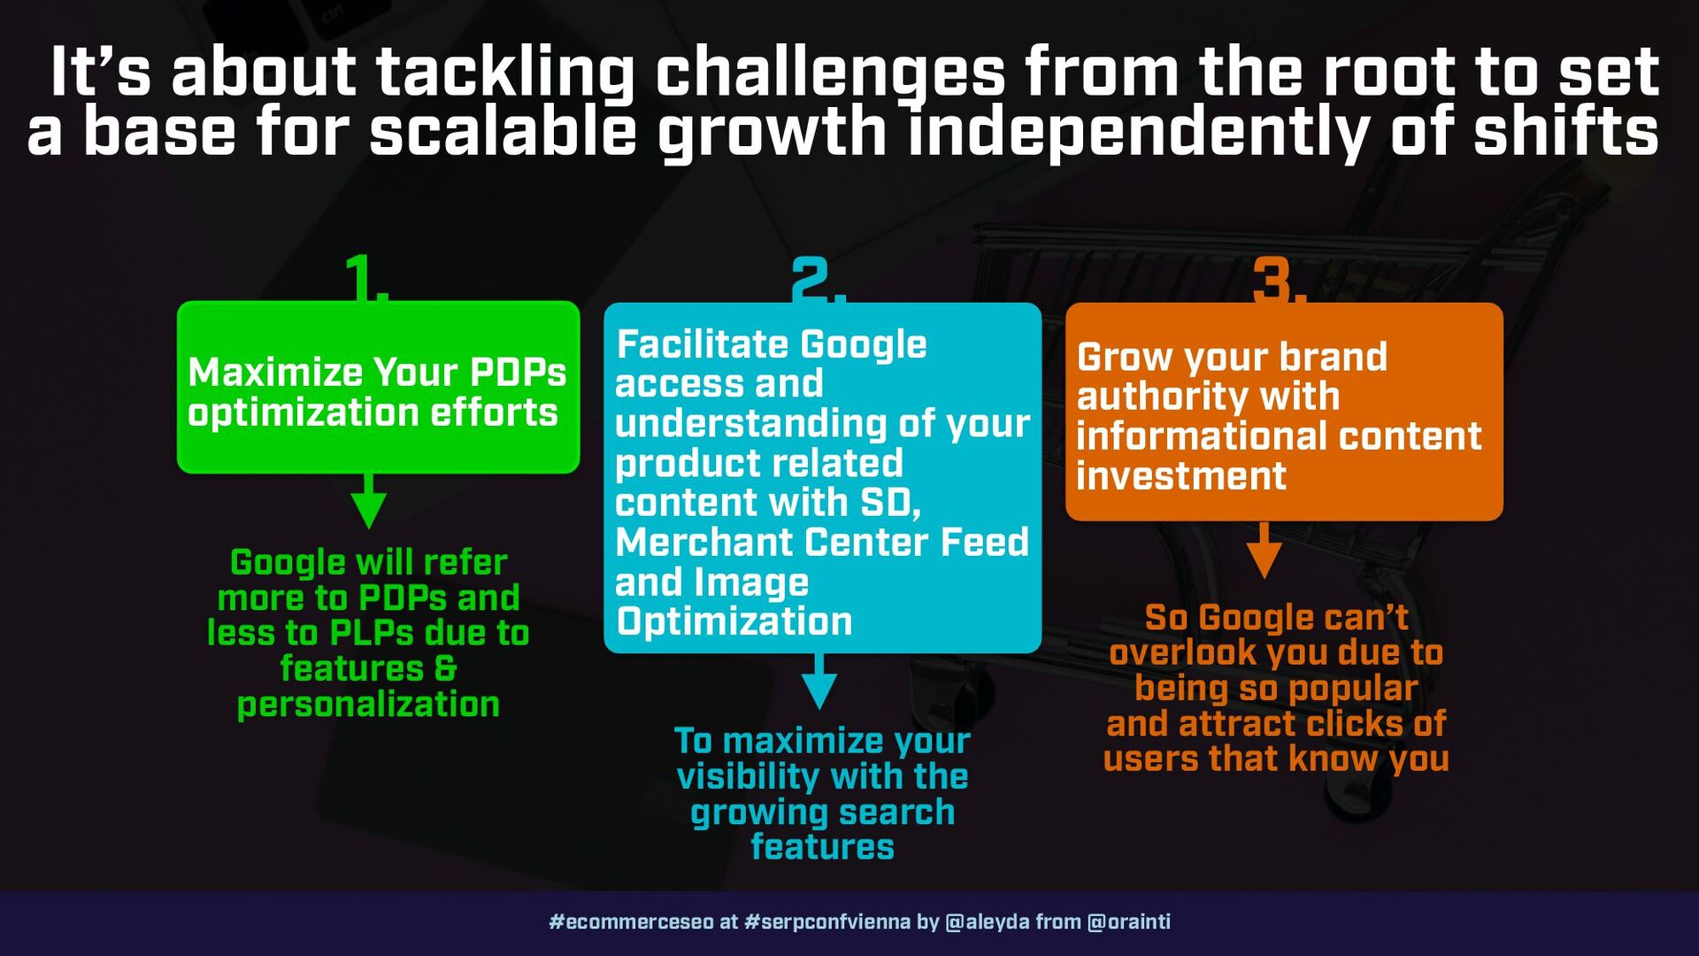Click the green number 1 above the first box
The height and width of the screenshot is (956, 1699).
coord(362,277)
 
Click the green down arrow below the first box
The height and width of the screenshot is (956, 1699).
coord(369,501)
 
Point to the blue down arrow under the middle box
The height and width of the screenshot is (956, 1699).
coord(819,681)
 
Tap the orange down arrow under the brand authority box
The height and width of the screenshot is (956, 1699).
coord(1265,550)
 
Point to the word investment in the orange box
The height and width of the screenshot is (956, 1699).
coord(1180,476)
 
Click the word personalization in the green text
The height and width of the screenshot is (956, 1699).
coord(368,705)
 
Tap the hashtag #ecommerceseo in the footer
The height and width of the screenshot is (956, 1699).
coord(631,921)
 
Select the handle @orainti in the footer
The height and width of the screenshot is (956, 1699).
coord(1128,921)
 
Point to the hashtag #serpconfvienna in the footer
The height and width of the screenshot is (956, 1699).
coord(827,921)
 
